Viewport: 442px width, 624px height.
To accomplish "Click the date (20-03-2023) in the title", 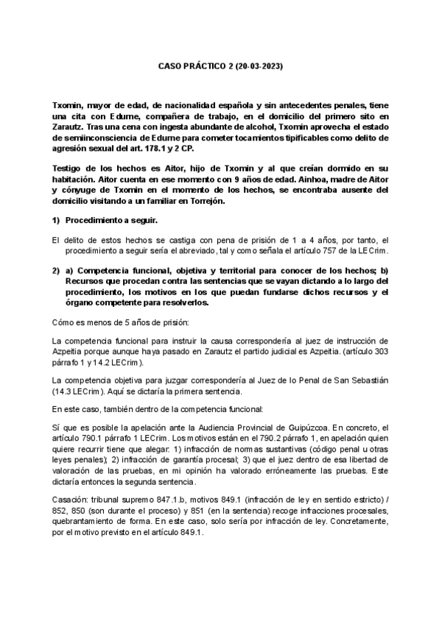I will (253, 66).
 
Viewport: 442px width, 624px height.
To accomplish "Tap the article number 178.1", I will (167, 148).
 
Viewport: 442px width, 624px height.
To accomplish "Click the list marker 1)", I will (55, 221).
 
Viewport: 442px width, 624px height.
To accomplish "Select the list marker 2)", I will (55, 272).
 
